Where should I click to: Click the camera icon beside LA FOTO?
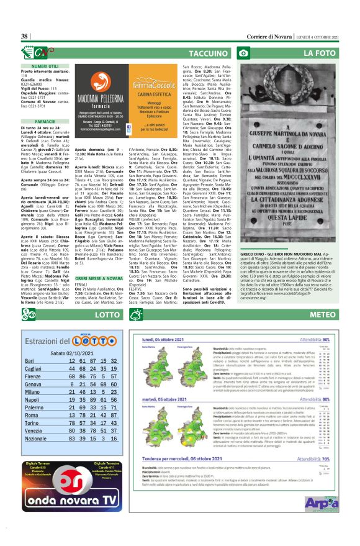246,53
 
